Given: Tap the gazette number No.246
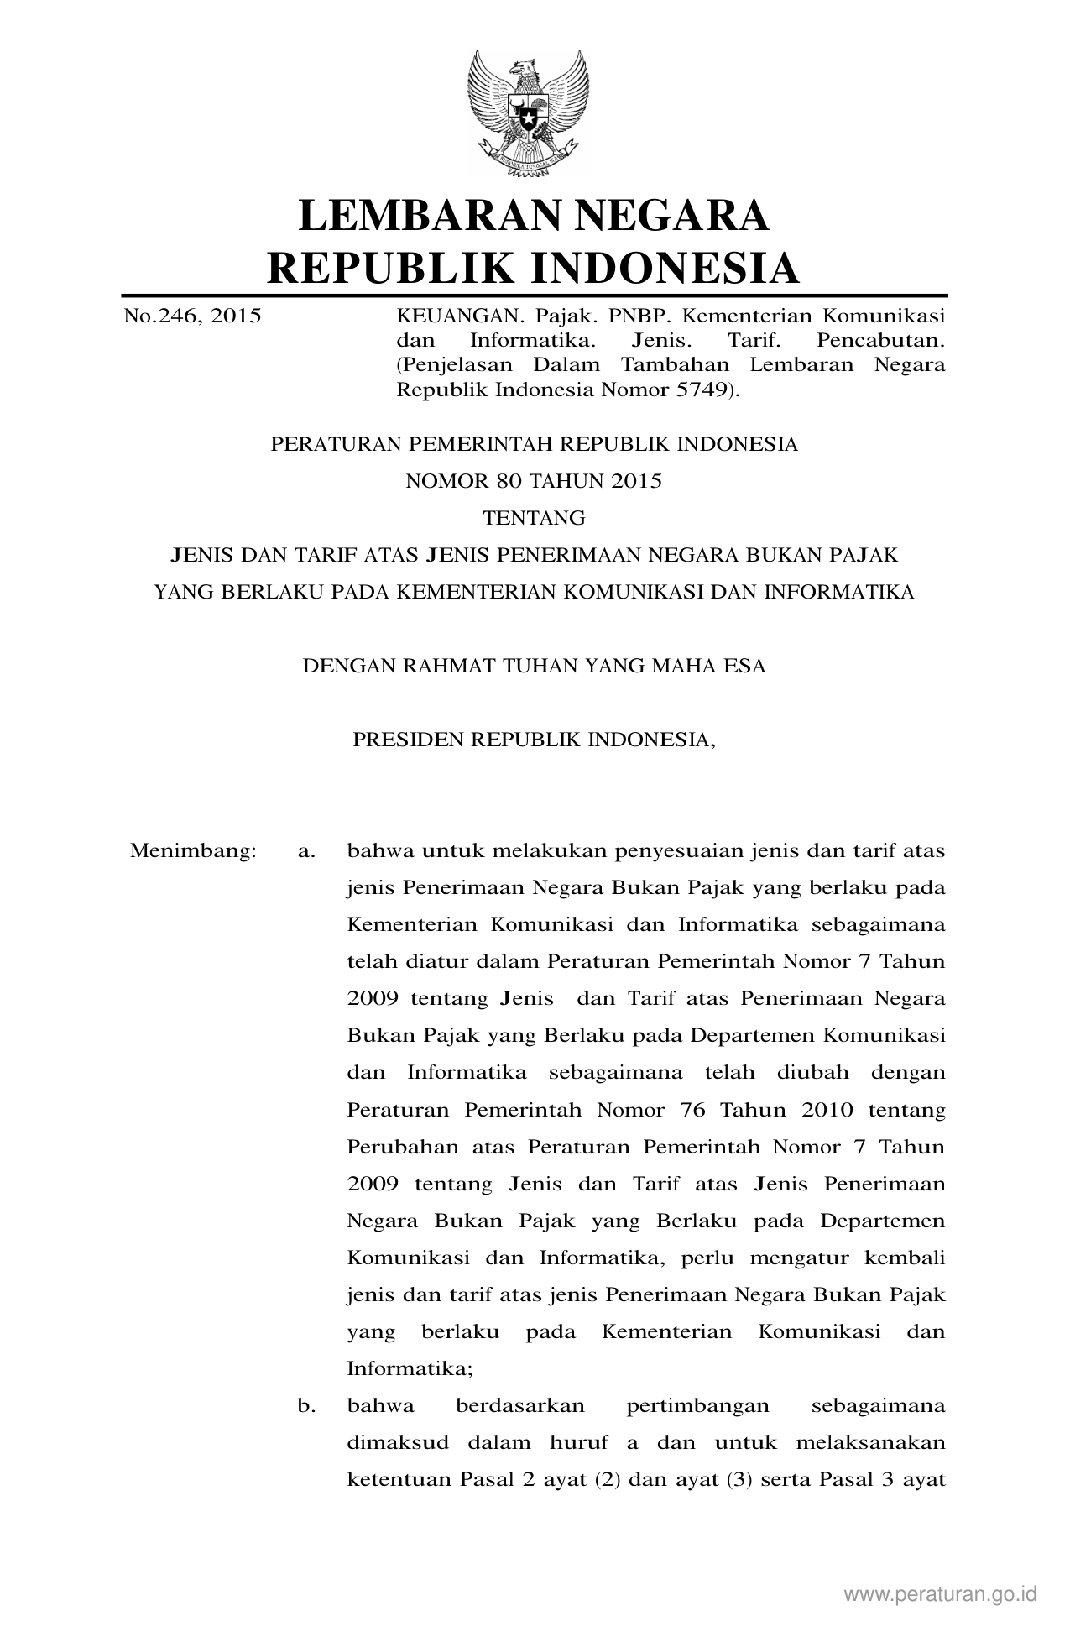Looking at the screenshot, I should (x=160, y=316).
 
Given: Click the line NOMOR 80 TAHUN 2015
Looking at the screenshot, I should (x=534, y=481).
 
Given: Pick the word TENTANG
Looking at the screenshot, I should (x=534, y=518).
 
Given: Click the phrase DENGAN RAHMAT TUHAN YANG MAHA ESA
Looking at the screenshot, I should (x=534, y=667).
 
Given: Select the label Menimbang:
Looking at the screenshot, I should (x=192, y=851).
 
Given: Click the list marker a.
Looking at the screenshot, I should (x=306, y=851).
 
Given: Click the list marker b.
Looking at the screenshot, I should (x=306, y=1405).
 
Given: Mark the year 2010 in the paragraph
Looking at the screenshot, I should (x=827, y=1110).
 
